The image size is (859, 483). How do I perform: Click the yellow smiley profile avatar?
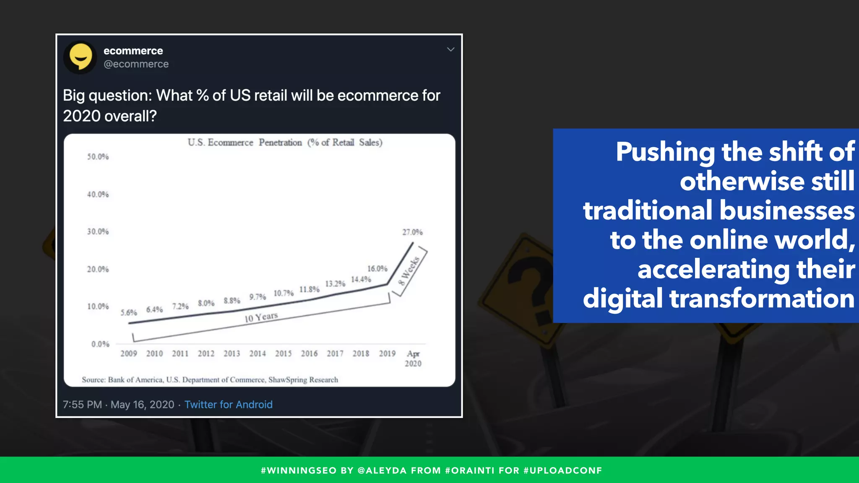pyautogui.click(x=80, y=57)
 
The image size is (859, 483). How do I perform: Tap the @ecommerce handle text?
pyautogui.click(x=136, y=64)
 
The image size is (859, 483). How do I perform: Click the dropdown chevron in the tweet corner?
pyautogui.click(x=450, y=49)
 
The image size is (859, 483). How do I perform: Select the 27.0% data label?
pyautogui.click(x=412, y=232)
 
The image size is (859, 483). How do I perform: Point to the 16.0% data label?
pyautogui.click(x=377, y=269)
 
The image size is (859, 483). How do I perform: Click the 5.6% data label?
pyautogui.click(x=129, y=313)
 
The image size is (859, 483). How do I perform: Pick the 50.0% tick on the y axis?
pyautogui.click(x=98, y=157)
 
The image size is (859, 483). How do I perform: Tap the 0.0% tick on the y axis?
pyautogui.click(x=100, y=344)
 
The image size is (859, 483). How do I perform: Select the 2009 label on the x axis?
pyautogui.click(x=129, y=354)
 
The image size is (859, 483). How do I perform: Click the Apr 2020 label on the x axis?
pyautogui.click(x=413, y=358)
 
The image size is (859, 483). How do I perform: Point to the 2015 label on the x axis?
pyautogui.click(x=284, y=354)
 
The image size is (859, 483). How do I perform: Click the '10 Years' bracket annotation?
pyautogui.click(x=261, y=317)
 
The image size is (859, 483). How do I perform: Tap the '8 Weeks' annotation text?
pyautogui.click(x=409, y=270)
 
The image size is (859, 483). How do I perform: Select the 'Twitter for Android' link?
pyautogui.click(x=229, y=405)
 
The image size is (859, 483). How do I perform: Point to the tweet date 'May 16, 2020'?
pyautogui.click(x=142, y=405)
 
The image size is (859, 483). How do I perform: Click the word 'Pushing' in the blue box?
pyautogui.click(x=665, y=152)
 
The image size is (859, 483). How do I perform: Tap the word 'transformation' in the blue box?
pyautogui.click(x=762, y=299)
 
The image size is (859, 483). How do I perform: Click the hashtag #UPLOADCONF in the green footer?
pyautogui.click(x=563, y=470)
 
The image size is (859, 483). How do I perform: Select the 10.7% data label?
pyautogui.click(x=284, y=293)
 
